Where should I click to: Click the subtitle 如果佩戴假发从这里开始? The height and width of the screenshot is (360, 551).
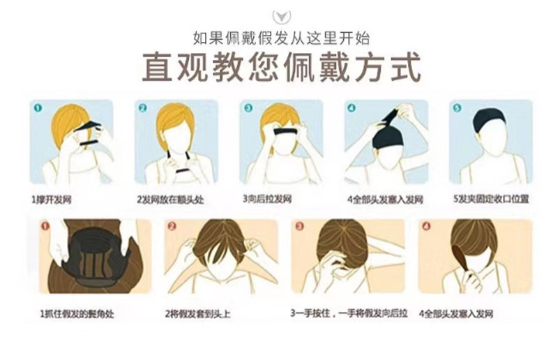tap(275, 38)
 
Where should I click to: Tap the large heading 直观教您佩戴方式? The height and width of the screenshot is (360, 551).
tap(276, 68)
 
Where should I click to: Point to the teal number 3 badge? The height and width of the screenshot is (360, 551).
tap(247, 108)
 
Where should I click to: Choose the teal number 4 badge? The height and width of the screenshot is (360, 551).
tap(351, 108)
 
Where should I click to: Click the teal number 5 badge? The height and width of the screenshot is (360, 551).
tap(457, 108)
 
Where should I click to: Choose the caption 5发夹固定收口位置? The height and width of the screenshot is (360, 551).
tap(490, 200)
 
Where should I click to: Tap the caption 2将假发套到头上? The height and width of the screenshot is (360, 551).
tap(199, 314)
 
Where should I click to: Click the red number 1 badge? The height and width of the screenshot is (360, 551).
tap(45, 227)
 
